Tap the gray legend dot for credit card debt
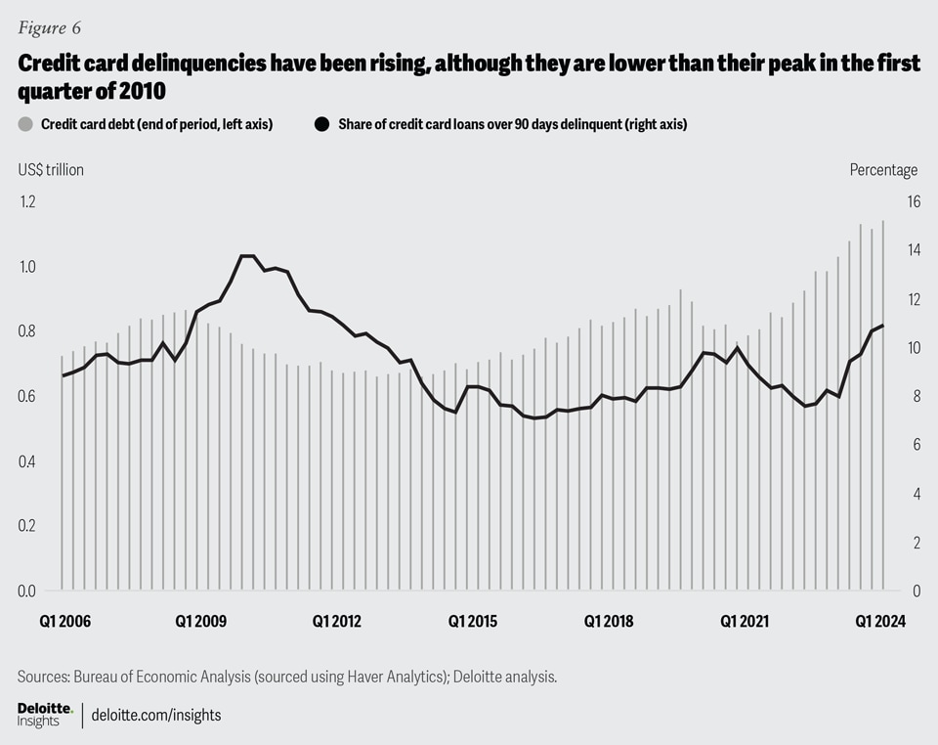tap(23, 124)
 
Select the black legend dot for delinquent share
tap(320, 124)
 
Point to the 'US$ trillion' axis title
tap(51, 170)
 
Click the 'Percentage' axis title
tap(883, 170)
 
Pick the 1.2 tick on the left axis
tap(26, 201)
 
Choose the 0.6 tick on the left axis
tap(26, 396)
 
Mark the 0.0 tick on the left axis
tap(26, 591)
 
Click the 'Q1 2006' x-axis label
tap(64, 621)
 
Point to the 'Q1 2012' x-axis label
tap(336, 621)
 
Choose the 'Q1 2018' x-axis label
tap(609, 621)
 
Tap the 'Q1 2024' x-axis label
tap(880, 621)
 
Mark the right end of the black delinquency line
tap(883, 326)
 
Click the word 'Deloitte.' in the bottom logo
tap(45, 707)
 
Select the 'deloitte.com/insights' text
tap(156, 715)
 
